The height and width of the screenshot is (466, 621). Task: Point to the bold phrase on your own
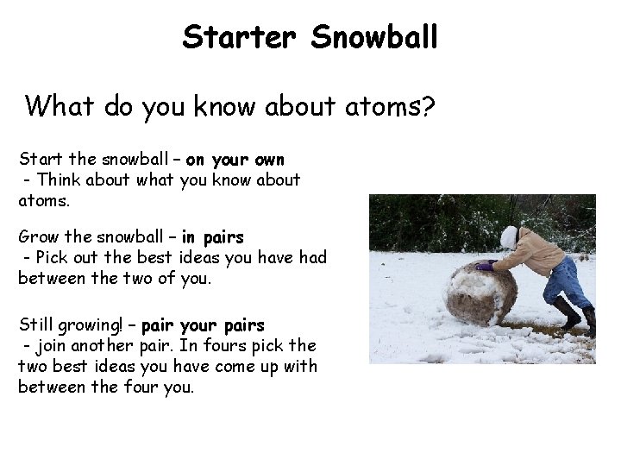click(x=235, y=160)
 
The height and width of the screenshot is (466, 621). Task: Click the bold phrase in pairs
click(x=212, y=236)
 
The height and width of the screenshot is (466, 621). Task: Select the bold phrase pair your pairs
click(x=203, y=325)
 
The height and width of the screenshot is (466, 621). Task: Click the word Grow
click(x=39, y=236)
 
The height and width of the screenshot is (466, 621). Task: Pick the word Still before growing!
click(x=37, y=325)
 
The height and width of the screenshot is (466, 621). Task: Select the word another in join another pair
click(x=101, y=346)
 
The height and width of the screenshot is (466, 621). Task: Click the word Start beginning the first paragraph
click(x=41, y=160)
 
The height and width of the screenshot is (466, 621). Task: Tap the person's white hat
click(x=509, y=236)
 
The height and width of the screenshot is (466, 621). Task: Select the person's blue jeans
click(x=569, y=280)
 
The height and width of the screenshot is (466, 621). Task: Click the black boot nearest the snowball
click(x=567, y=312)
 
